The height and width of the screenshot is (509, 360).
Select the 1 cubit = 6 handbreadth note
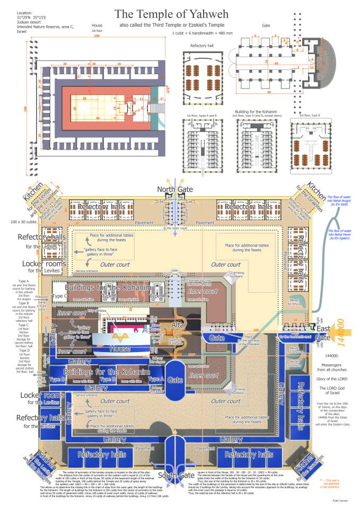199,33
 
